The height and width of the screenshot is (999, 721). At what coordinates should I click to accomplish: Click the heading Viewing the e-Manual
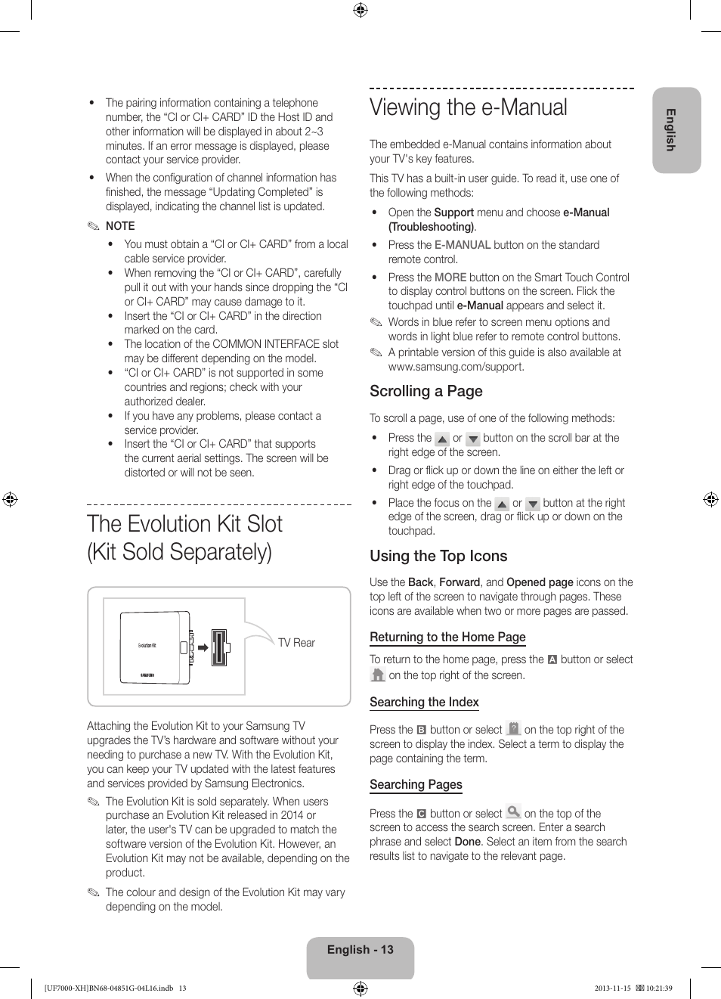pyautogui.click(x=468, y=108)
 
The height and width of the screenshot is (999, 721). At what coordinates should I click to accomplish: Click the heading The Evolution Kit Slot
pyautogui.click(x=184, y=524)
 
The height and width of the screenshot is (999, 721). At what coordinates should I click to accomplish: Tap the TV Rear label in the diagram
pyautogui.click(x=296, y=643)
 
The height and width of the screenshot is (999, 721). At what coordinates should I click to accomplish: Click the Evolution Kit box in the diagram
pyautogui.click(x=155, y=647)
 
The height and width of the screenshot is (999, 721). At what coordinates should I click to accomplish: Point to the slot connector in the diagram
pyautogui.click(x=219, y=647)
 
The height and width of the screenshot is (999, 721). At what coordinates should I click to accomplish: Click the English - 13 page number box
pyautogui.click(x=360, y=951)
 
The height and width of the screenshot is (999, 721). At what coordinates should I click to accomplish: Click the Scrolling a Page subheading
pyautogui.click(x=425, y=392)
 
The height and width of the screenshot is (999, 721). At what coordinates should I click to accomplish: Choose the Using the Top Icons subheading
pyautogui.click(x=438, y=557)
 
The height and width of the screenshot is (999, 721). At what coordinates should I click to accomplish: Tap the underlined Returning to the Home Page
pyautogui.click(x=447, y=638)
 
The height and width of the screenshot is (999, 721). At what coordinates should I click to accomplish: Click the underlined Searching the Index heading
pyautogui.click(x=424, y=703)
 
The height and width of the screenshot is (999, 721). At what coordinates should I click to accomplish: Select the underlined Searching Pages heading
pyautogui.click(x=416, y=785)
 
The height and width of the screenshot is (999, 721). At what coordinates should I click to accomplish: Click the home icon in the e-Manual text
pyautogui.click(x=378, y=675)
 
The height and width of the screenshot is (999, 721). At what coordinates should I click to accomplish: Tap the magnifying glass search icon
pyautogui.click(x=513, y=812)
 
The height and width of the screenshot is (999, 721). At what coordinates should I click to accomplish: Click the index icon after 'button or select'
pyautogui.click(x=513, y=729)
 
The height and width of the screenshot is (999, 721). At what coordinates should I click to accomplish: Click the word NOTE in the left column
pyautogui.click(x=120, y=226)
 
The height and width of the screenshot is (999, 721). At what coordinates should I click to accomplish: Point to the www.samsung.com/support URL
pyautogui.click(x=455, y=367)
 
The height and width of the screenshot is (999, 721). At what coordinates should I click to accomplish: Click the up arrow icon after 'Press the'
pyautogui.click(x=442, y=439)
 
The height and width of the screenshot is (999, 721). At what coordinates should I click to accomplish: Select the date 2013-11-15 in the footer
pyautogui.click(x=612, y=988)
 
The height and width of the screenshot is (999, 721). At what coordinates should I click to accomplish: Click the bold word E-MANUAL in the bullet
pyautogui.click(x=463, y=245)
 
